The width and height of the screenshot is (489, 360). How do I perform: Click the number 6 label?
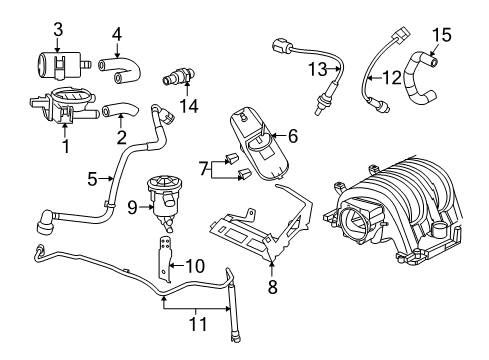(x=293, y=134)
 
